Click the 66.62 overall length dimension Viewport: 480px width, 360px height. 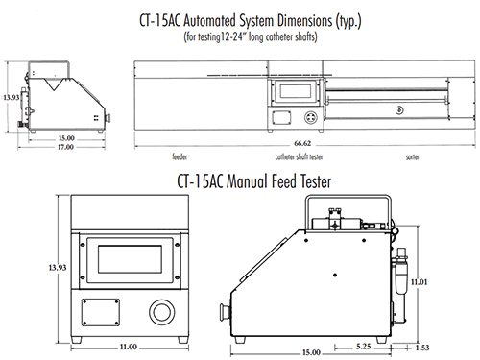point(302,143)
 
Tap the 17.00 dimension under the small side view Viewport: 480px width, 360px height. point(65,147)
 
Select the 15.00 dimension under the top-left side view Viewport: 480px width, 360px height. point(66,138)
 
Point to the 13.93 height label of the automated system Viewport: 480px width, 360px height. point(12,97)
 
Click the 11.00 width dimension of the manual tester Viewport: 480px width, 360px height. point(129,347)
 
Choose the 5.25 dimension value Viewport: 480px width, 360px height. point(364,347)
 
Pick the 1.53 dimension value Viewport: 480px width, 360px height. point(422,348)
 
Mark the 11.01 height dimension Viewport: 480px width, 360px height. point(419,282)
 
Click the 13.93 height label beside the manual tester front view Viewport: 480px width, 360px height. point(58,268)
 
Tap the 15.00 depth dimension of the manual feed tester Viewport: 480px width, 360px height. point(311,352)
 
